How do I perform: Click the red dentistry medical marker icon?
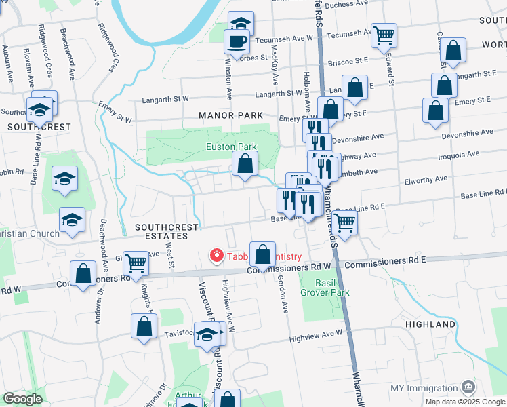(216, 256)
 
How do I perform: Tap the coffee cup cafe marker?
(237, 41)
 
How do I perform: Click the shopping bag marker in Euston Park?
(245, 163)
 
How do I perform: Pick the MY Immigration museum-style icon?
(468, 387)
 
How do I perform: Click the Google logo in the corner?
(22, 399)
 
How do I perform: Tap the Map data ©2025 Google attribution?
(465, 402)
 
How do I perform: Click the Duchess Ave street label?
(346, 4)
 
